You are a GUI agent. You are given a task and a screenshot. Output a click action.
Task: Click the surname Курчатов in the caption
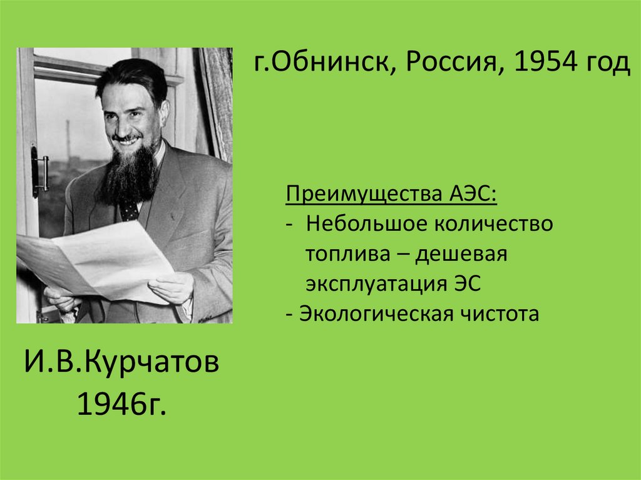click(148, 363)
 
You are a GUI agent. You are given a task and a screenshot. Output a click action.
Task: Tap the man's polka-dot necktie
click(129, 210)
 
